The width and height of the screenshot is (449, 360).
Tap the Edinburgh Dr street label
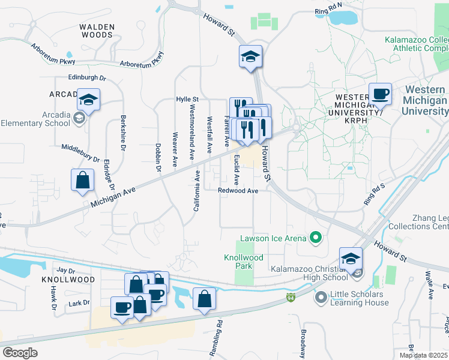click(86, 78)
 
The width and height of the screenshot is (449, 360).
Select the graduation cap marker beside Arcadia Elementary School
click(89, 100)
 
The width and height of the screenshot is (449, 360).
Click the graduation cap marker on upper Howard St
click(250, 57)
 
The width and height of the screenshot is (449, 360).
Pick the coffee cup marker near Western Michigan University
click(380, 94)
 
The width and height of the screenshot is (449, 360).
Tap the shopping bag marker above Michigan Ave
click(82, 180)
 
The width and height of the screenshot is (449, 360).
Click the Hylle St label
click(187, 99)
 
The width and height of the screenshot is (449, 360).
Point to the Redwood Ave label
click(238, 191)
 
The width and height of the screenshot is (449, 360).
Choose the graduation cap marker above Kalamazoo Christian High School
click(351, 259)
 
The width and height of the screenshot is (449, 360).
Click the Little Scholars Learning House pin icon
click(322, 296)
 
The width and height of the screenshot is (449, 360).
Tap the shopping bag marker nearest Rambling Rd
click(204, 298)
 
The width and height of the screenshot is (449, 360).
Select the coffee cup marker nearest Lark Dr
click(122, 308)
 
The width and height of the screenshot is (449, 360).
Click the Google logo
click(20, 352)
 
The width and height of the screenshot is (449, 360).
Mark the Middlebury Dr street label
click(80, 152)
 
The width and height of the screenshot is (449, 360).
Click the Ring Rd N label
click(328, 11)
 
